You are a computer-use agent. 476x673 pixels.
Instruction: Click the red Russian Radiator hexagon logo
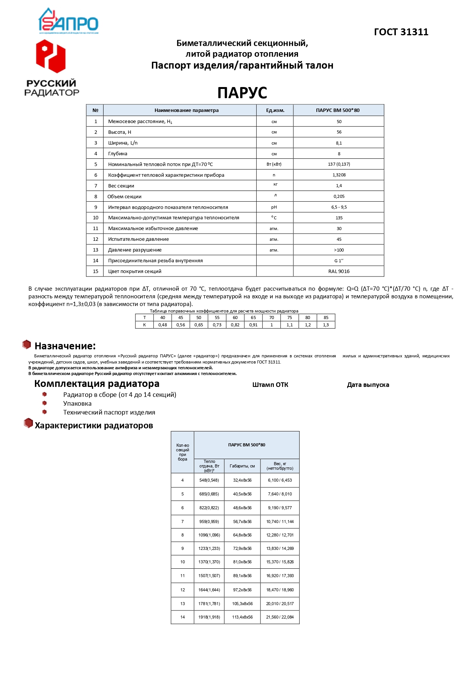[51, 56]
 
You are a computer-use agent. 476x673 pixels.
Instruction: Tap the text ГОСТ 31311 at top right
[401, 32]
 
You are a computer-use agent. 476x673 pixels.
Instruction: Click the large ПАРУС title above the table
[242, 93]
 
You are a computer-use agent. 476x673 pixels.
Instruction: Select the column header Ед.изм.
[275, 110]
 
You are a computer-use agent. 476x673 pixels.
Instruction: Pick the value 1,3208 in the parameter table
[339, 175]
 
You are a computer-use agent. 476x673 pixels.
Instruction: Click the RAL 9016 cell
[339, 272]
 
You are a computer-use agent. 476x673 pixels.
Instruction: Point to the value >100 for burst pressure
[339, 250]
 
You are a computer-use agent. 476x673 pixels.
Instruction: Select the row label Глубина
[118, 154]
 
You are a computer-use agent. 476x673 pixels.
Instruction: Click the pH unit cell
[274, 207]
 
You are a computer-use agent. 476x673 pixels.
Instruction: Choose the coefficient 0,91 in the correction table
[253, 325]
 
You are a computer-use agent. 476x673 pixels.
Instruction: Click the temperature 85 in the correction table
[326, 318]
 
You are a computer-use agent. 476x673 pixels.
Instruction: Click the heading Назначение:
[65, 346]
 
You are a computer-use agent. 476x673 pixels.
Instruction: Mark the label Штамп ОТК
[270, 385]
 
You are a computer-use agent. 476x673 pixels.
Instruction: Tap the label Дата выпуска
[368, 385]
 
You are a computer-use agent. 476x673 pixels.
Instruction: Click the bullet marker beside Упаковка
[44, 403]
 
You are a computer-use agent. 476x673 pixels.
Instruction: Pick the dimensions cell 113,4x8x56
[242, 617]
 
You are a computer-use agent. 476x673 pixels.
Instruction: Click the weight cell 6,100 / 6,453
[280, 480]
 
